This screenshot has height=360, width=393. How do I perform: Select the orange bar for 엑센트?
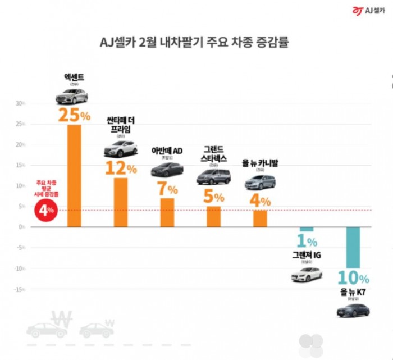74,176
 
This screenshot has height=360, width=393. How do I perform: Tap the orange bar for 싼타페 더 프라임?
121,202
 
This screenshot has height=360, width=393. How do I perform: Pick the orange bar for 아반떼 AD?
167,212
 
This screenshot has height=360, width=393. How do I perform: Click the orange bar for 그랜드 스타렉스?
213,216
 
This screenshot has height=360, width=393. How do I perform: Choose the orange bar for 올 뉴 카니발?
260,218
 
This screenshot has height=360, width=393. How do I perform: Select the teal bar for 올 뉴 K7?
353,248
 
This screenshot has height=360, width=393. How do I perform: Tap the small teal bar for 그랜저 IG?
307,229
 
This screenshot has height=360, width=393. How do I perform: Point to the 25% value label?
74,115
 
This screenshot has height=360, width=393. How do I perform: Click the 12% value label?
121,167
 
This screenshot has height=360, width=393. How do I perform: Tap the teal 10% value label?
353,277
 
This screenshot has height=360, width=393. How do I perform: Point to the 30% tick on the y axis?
20,103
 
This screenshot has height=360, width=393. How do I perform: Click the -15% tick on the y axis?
19,289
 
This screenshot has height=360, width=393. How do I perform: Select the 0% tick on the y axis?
21,227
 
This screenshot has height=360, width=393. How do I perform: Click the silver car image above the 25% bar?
71,97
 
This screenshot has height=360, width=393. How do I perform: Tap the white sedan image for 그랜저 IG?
307,275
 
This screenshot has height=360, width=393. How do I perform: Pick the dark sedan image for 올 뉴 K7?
353,310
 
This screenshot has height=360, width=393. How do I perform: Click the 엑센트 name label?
74,77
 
